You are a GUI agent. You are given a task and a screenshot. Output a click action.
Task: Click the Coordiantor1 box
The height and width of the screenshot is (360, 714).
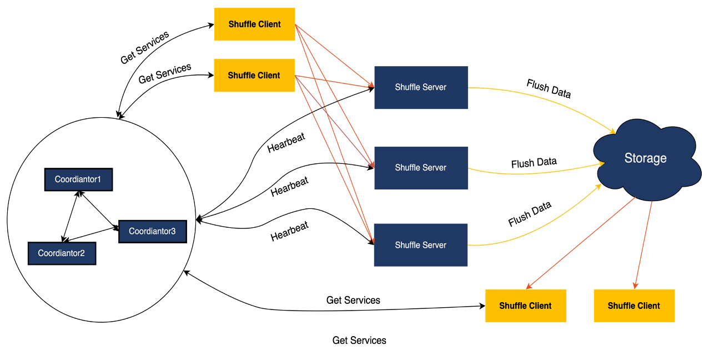point(78,179)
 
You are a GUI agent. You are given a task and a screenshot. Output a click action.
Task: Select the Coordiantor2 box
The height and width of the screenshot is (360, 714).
point(62,253)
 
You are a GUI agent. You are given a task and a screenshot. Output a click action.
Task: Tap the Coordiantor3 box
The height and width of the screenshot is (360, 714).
point(152,231)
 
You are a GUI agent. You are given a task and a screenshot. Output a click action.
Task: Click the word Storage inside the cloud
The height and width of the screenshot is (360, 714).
point(645,158)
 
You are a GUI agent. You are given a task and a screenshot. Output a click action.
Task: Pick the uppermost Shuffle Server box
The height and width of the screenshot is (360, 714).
point(421,88)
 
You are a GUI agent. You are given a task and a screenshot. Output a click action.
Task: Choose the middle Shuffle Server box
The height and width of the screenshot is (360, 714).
point(421,168)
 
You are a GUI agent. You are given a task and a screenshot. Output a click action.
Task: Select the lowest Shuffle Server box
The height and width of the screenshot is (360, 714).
point(420,245)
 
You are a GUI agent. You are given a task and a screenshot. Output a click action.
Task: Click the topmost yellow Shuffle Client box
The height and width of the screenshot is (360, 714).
point(254,24)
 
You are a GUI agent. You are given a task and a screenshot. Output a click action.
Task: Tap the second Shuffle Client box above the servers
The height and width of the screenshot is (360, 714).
point(254,76)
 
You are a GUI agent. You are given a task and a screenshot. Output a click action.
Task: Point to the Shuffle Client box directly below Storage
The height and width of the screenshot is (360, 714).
point(634,306)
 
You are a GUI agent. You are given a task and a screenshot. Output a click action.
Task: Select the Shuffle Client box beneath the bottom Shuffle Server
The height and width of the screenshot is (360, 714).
point(526,306)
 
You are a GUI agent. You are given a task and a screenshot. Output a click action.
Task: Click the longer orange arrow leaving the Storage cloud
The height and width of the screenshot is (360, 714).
point(580,243)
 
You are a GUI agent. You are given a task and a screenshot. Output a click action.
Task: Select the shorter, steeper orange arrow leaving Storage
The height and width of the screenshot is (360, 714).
point(643,244)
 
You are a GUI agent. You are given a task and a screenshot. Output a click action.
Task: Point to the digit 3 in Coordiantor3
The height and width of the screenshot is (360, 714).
point(173,231)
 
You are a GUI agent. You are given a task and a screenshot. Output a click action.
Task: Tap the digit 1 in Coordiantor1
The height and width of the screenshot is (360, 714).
point(99,179)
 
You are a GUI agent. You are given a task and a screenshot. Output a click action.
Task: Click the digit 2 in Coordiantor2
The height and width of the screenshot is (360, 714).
point(82,253)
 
